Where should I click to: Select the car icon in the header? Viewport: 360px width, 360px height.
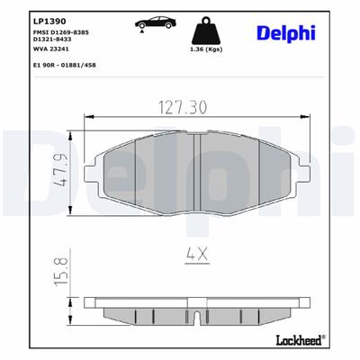tap(151, 22)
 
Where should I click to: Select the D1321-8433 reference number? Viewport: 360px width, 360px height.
tap(50, 40)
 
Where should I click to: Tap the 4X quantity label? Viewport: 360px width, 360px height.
tap(196, 255)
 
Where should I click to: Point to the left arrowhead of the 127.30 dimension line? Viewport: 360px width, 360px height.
tap(86, 117)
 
